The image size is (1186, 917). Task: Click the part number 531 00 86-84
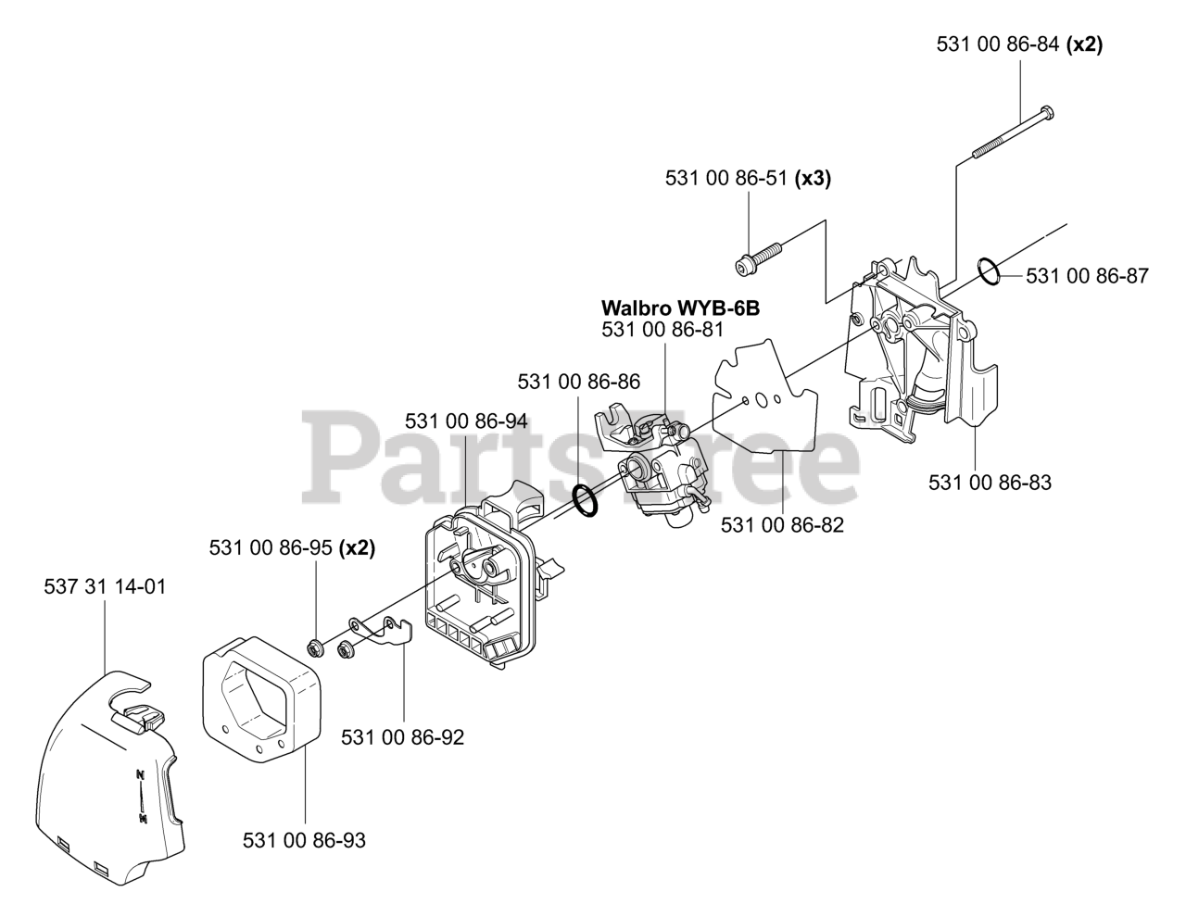(998, 44)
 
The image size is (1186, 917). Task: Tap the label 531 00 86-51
(726, 179)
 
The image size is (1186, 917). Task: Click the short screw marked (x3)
(759, 257)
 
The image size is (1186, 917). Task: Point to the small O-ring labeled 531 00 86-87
(988, 273)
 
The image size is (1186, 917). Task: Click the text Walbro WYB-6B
(680, 308)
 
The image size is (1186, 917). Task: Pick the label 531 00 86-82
(782, 525)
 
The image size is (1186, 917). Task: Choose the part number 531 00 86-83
(990, 482)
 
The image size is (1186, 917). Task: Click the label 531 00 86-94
(466, 421)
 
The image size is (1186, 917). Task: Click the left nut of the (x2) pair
(316, 646)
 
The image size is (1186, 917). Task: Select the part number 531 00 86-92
(403, 737)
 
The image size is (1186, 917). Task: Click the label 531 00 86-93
(304, 840)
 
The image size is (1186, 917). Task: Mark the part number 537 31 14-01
(105, 586)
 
